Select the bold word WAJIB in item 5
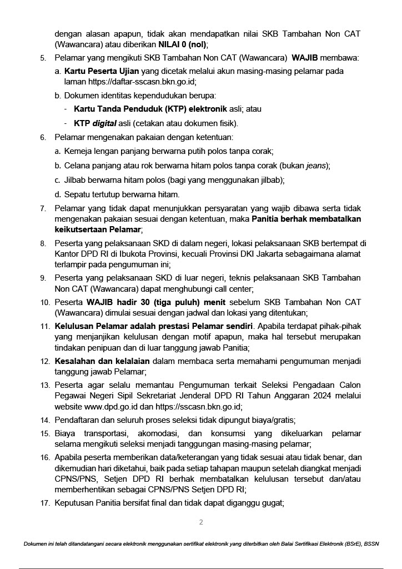[306, 58]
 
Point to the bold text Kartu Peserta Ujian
[103, 71]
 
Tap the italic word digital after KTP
[104, 123]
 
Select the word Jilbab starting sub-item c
[75, 180]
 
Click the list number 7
[43, 209]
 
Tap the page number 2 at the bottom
[201, 522]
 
